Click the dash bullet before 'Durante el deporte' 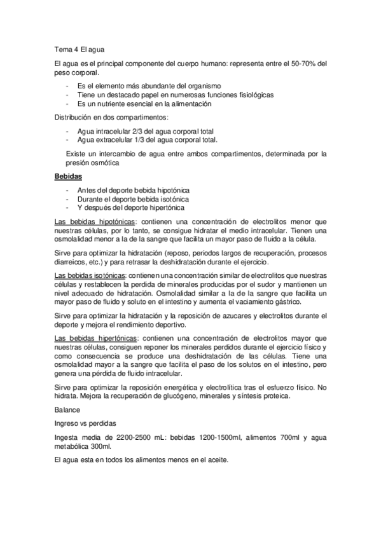67,198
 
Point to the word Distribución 77,118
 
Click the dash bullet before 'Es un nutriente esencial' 67,104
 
